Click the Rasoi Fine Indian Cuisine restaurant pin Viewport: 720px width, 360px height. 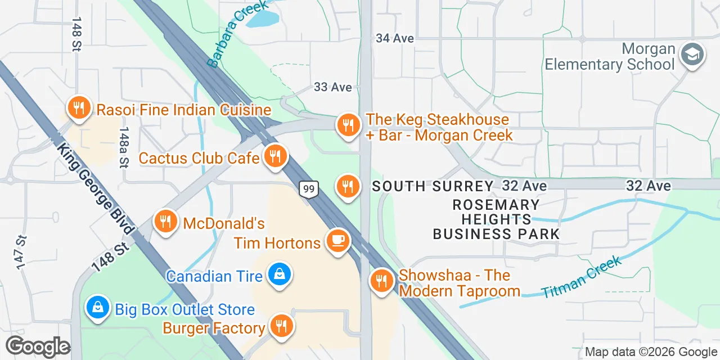point(79,107)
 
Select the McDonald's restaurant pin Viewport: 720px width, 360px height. point(165,222)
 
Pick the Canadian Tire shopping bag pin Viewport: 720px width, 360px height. point(278,275)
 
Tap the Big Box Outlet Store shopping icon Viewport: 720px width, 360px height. point(98,308)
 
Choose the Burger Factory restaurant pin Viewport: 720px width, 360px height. point(281,326)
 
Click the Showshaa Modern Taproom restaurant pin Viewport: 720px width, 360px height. point(382,281)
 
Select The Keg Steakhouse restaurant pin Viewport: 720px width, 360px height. point(348,125)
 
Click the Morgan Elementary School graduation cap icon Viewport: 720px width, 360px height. point(692,55)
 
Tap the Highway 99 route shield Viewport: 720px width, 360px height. point(309,189)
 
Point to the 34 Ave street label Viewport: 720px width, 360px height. point(395,38)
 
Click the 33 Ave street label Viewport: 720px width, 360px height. point(333,87)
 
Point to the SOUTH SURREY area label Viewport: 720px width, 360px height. point(432,186)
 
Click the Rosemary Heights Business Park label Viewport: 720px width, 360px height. point(496,219)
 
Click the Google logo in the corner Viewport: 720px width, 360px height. point(38,347)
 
